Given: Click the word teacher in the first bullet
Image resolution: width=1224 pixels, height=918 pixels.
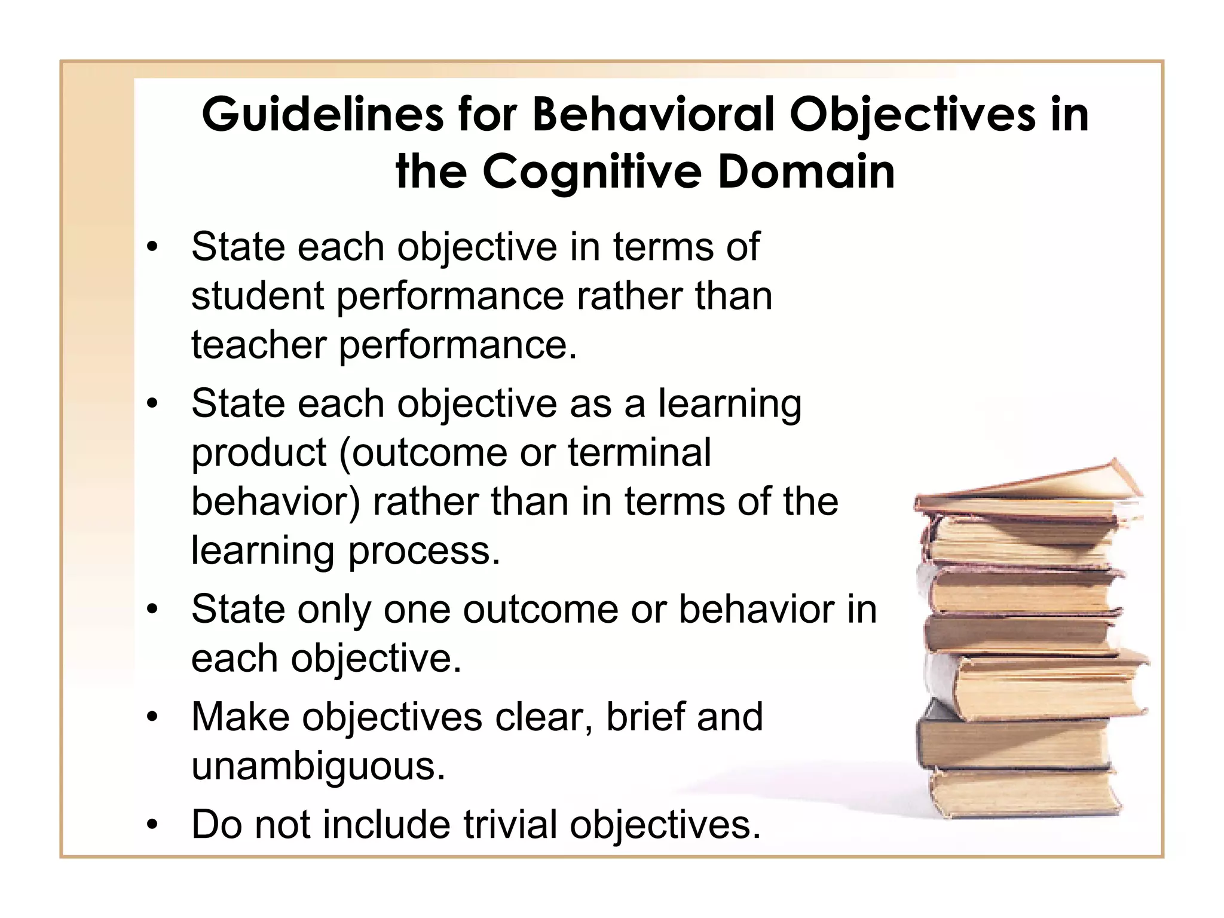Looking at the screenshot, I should pos(259,345).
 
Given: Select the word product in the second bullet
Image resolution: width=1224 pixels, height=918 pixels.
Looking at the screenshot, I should pos(259,454).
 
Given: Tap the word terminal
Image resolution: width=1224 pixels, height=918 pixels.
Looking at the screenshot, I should pos(639,452).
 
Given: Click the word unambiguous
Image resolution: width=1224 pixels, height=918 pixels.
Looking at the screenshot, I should pos(318,766).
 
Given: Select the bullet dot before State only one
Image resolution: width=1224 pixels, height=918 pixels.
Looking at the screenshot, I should pos(153,610).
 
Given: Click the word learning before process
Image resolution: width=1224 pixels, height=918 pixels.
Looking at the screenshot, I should pos(262,551).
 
